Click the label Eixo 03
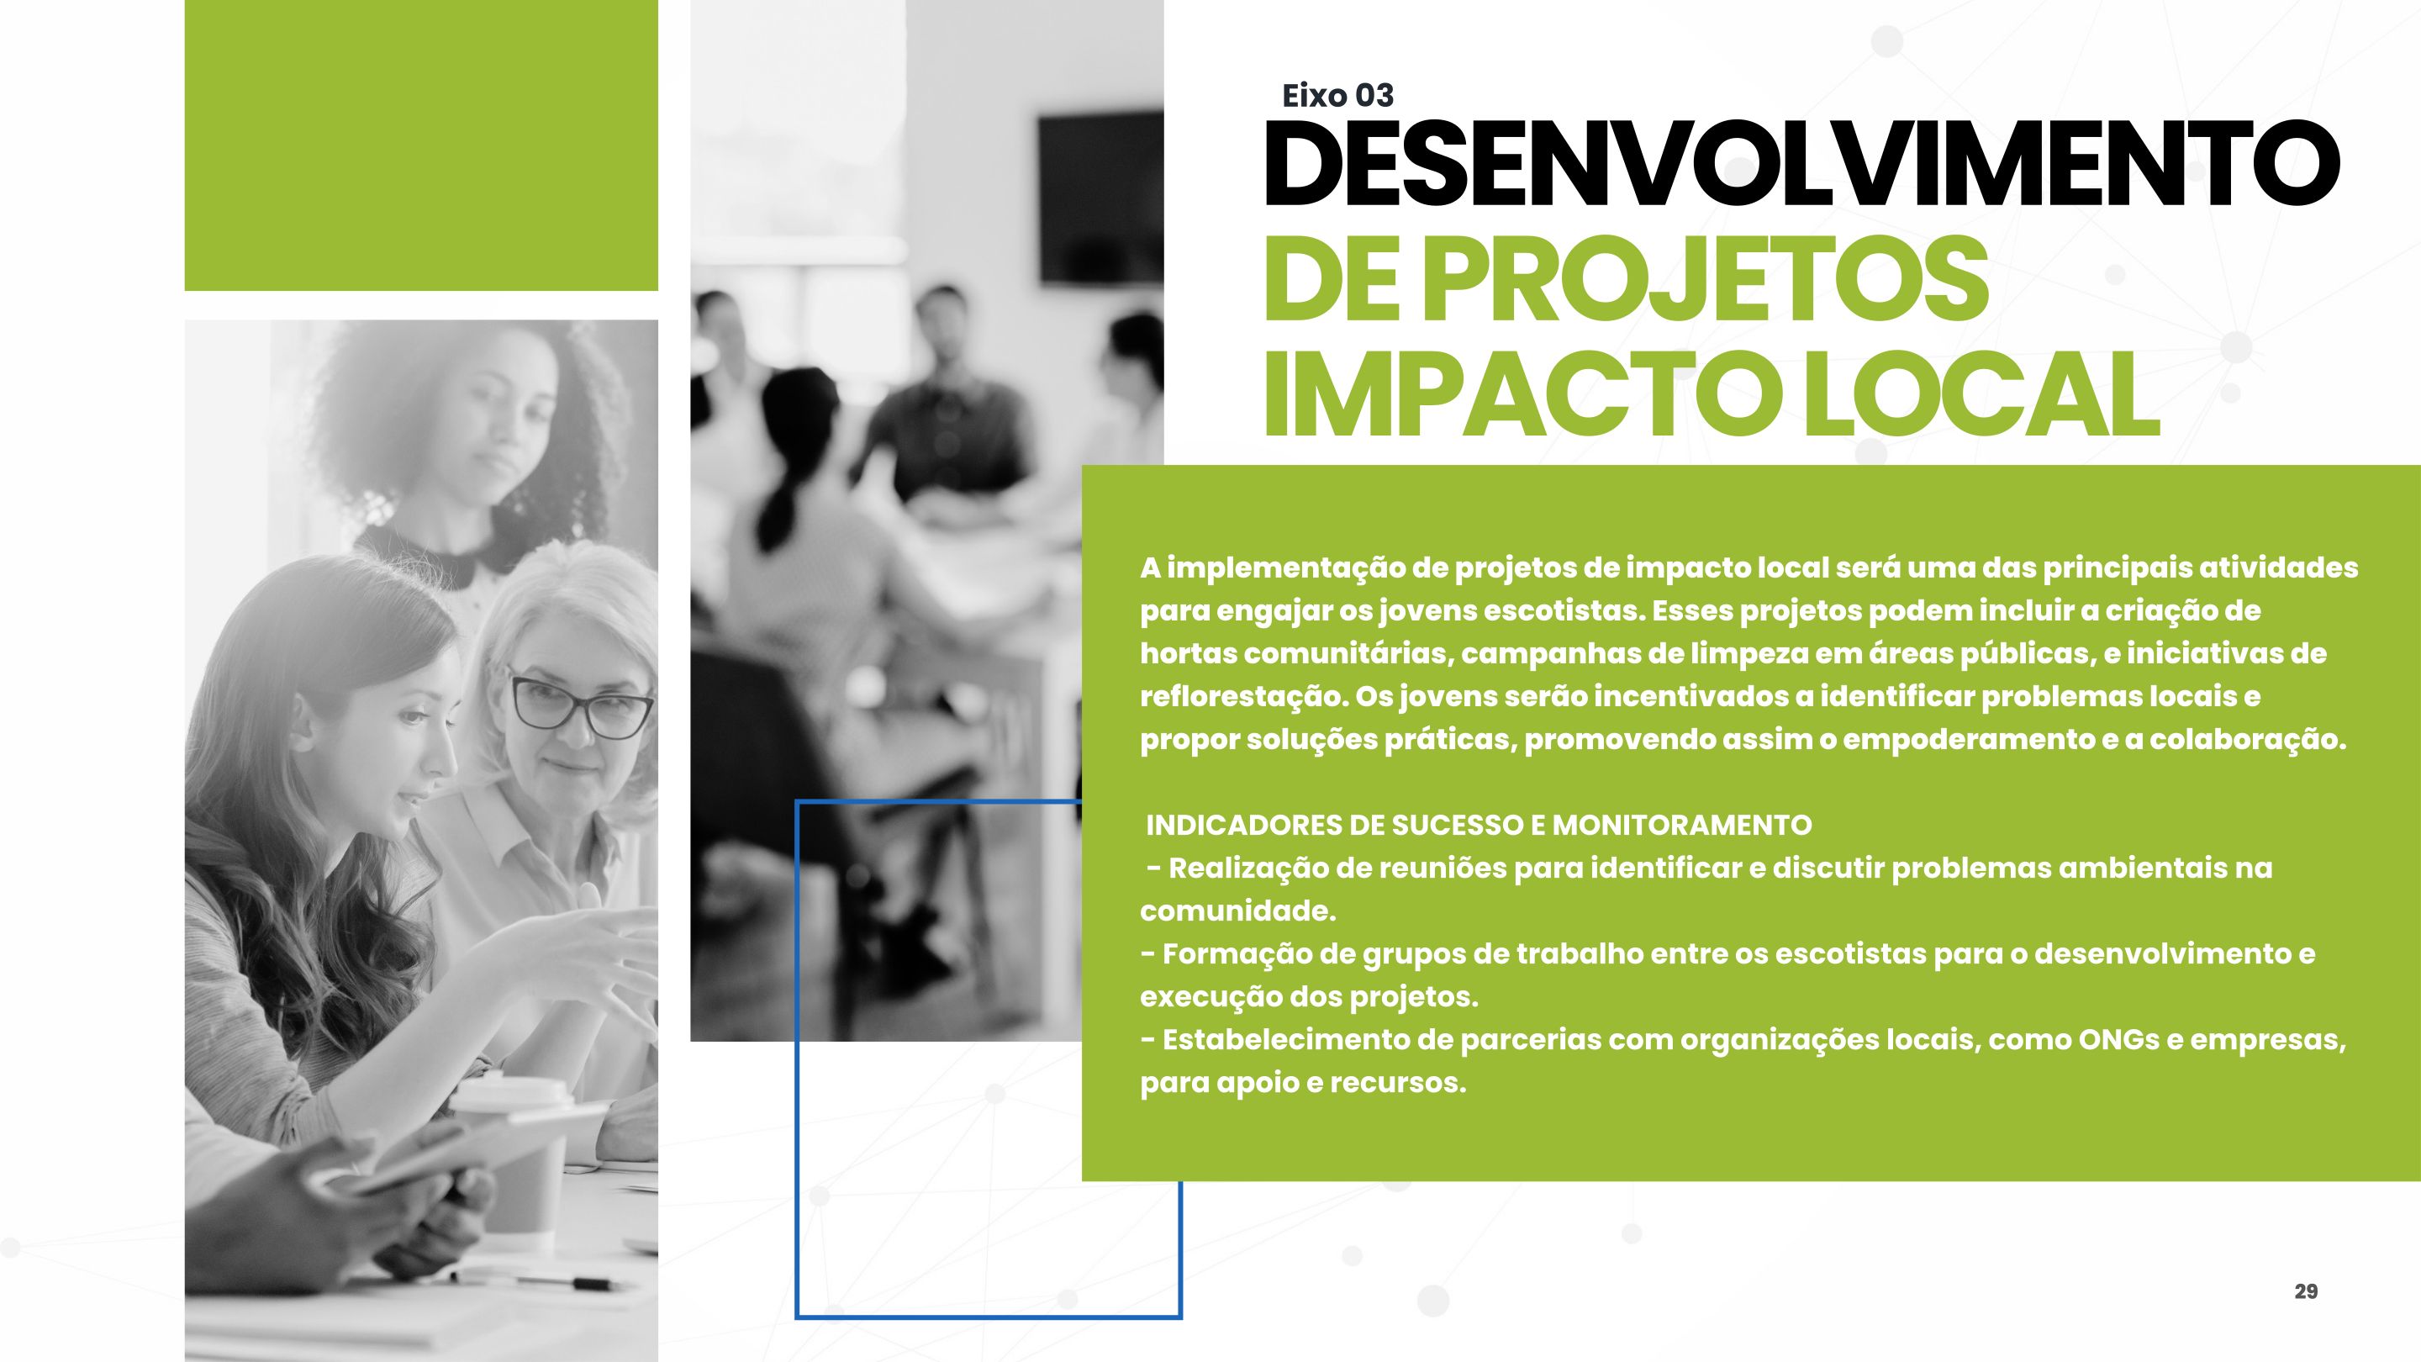(1337, 95)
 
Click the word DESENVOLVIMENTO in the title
(1801, 164)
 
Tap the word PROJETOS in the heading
(1706, 279)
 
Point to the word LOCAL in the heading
(1982, 395)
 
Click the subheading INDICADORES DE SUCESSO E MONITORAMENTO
(1479, 826)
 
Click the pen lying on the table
(536, 1278)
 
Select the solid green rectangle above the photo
(421, 145)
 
